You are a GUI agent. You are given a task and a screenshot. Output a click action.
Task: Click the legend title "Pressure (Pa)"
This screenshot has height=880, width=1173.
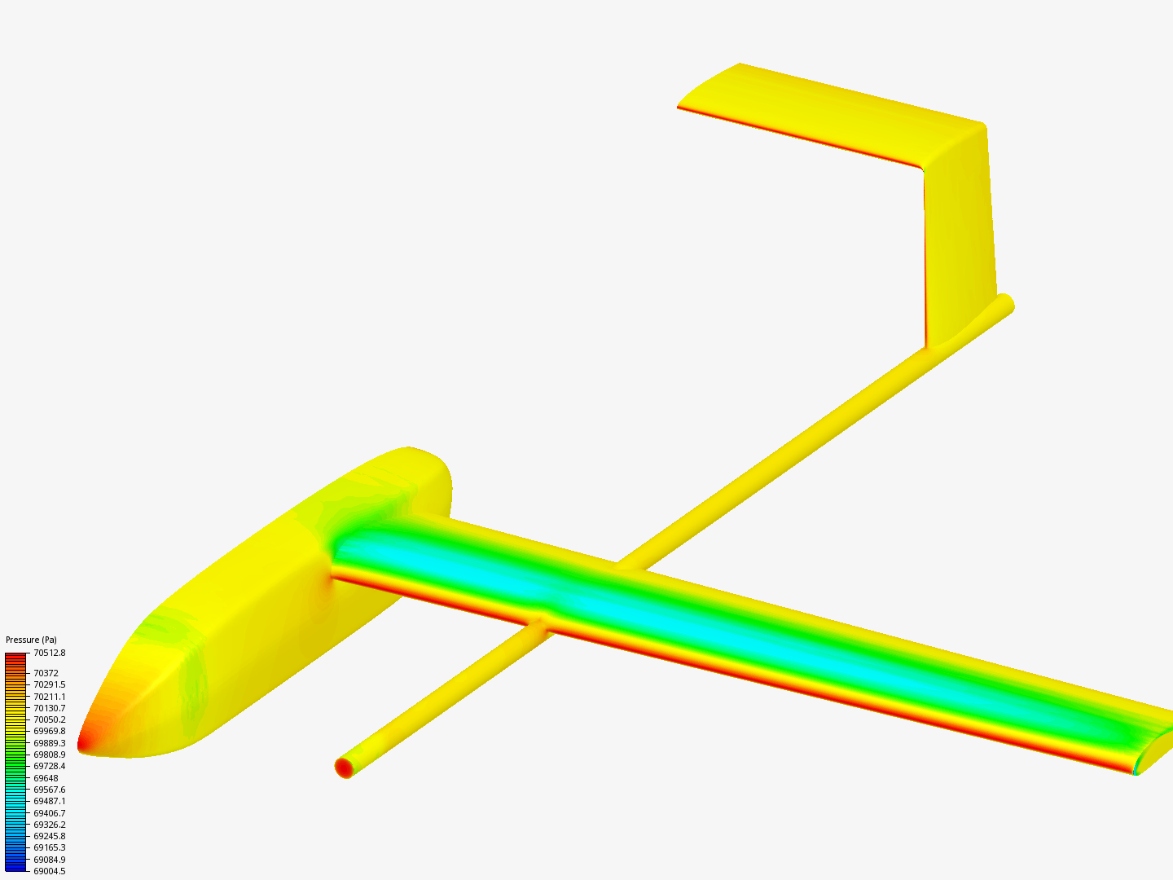tap(31, 640)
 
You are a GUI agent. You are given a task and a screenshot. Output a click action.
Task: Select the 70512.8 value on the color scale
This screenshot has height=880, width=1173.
tap(49, 653)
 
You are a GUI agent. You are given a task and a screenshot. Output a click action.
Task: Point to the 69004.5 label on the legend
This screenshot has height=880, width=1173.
tap(49, 871)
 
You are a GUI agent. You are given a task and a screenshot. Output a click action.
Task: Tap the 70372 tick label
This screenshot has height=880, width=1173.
tap(46, 673)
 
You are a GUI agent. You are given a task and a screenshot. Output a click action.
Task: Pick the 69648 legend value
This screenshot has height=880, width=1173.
tap(46, 778)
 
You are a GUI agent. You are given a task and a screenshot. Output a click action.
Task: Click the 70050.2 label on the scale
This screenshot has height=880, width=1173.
tap(49, 719)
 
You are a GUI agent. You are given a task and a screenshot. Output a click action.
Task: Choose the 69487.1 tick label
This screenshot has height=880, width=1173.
tap(49, 802)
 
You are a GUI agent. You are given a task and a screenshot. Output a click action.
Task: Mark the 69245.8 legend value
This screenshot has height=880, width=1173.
tap(49, 836)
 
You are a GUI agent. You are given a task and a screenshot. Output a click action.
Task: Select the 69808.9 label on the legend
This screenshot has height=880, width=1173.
tap(49, 755)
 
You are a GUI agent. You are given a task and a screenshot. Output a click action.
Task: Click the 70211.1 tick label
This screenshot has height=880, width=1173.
tap(49, 697)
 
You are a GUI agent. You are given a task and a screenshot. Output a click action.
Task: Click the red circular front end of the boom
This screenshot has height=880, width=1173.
tap(344, 767)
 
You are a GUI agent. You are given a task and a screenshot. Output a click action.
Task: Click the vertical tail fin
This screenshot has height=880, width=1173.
tap(960, 236)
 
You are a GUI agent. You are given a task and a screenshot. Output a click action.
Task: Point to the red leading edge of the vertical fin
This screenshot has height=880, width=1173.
tap(925, 261)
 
